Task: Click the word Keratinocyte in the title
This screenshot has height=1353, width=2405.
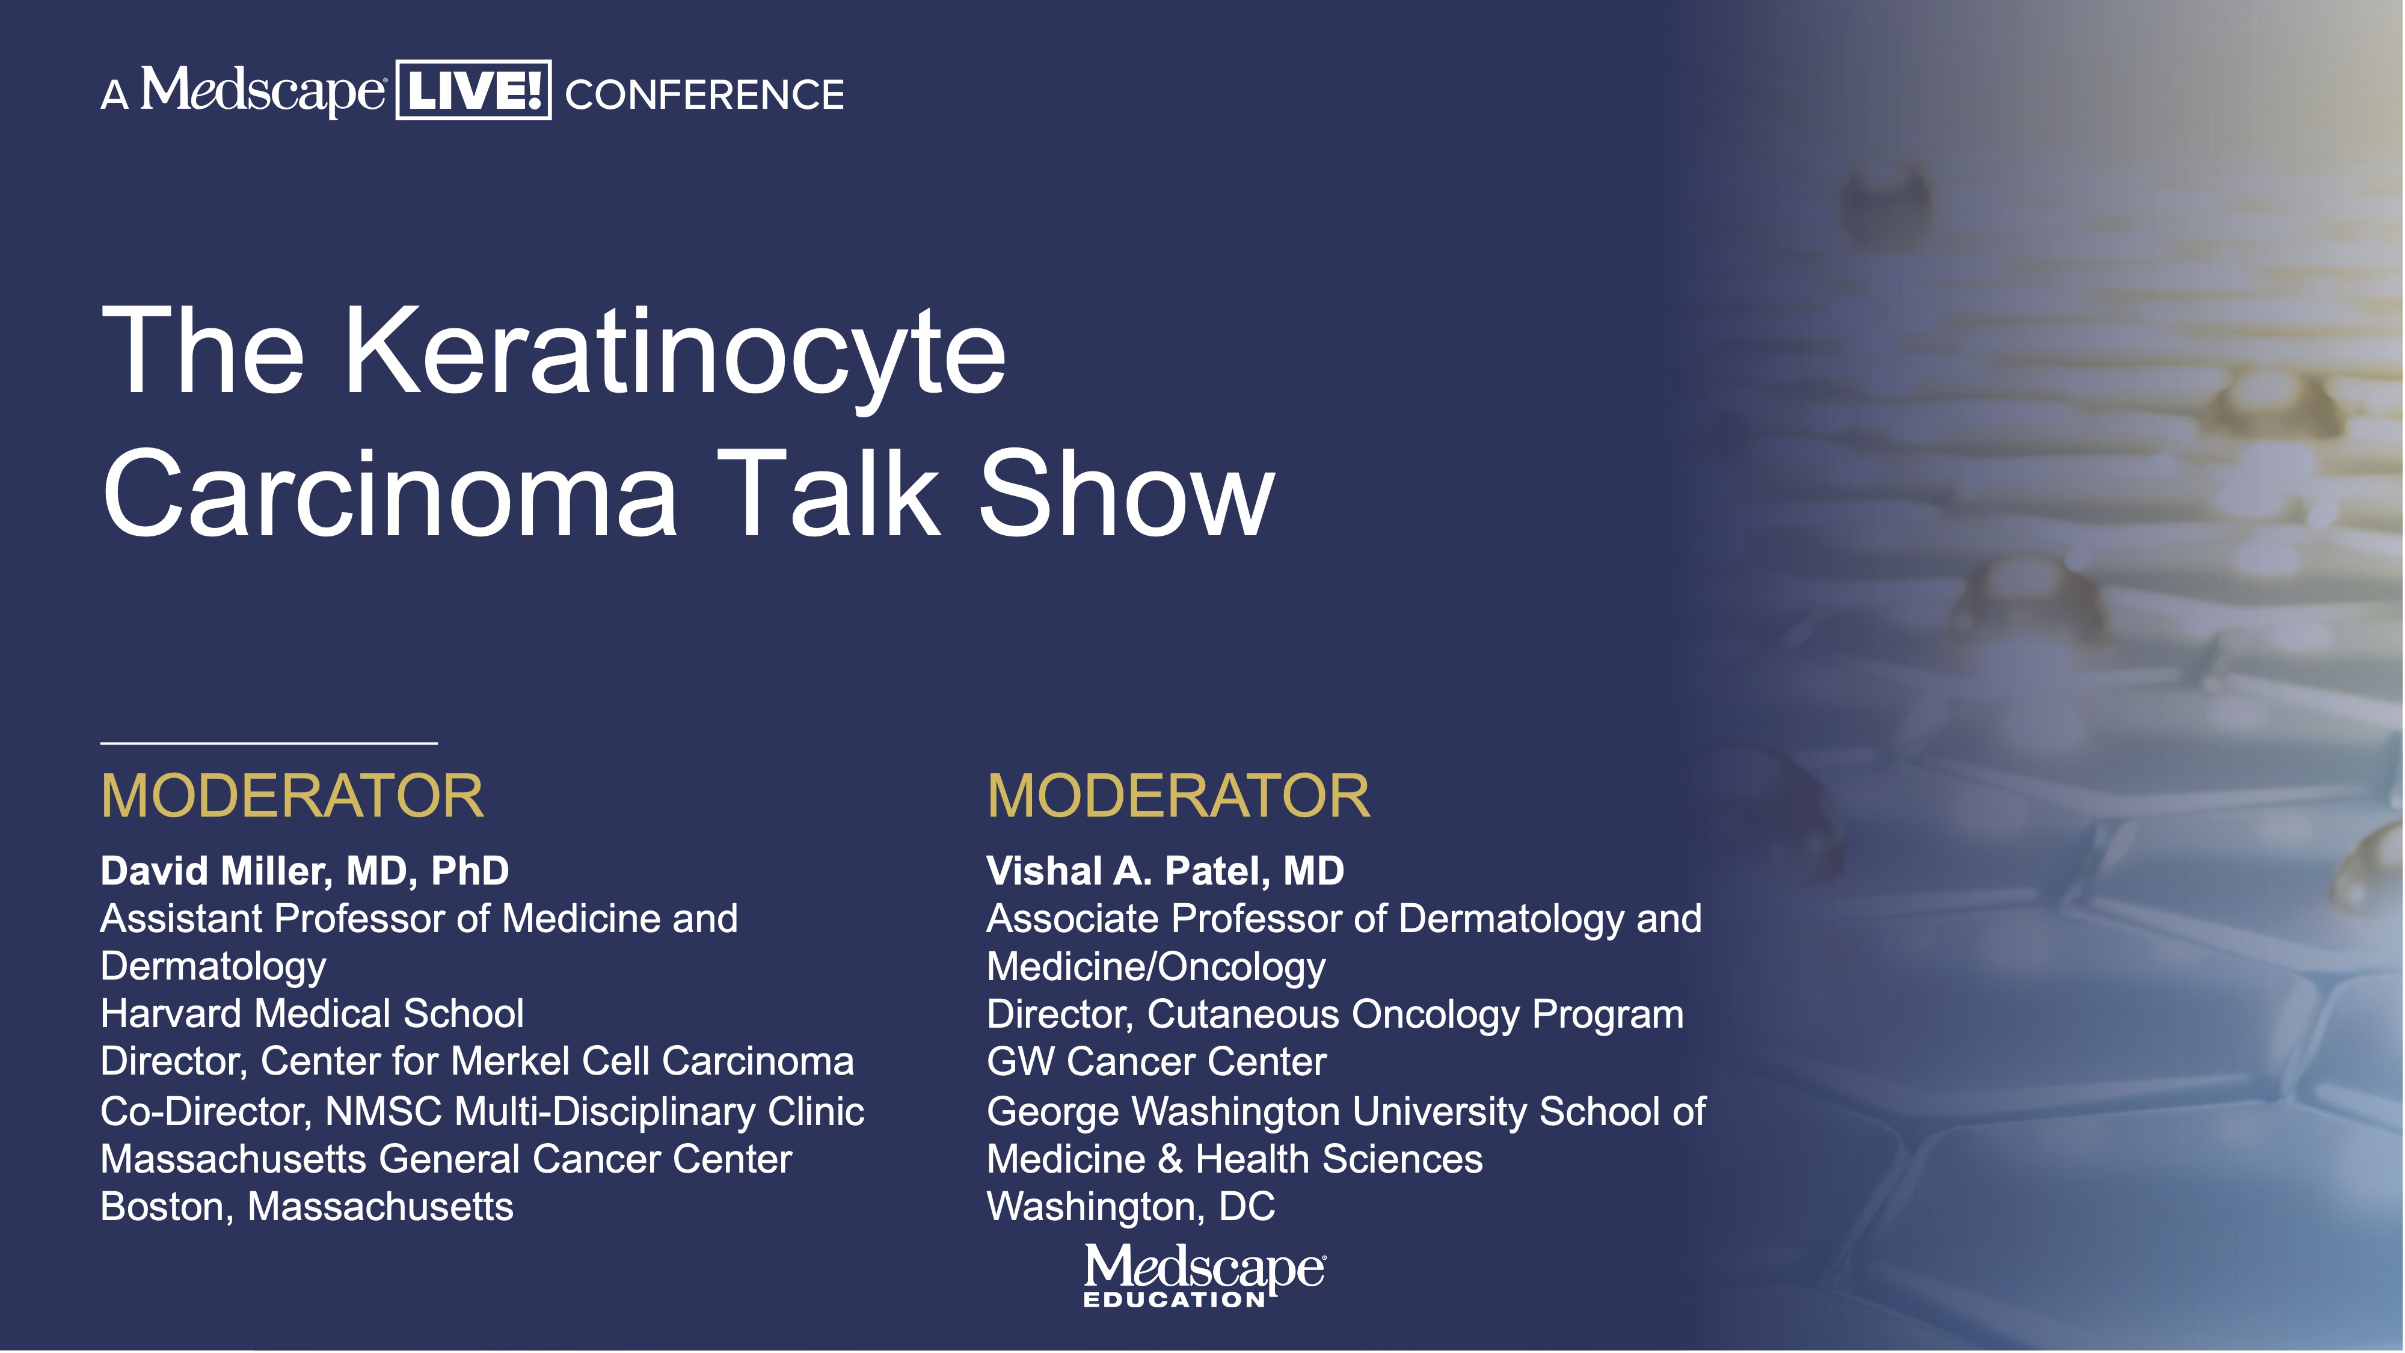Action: click(675, 353)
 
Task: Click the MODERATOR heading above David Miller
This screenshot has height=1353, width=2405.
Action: click(292, 797)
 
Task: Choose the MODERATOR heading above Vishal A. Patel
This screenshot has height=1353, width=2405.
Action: click(1178, 797)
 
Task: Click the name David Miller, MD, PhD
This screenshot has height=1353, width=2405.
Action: click(304, 871)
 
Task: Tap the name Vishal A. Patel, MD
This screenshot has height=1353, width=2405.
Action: click(1165, 871)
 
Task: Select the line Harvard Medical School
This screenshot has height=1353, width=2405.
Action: click(312, 1014)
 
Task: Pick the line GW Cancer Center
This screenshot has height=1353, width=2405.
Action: click(1156, 1062)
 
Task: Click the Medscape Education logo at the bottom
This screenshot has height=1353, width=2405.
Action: click(1203, 1275)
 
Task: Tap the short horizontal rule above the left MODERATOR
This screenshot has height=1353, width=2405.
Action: click(269, 743)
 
